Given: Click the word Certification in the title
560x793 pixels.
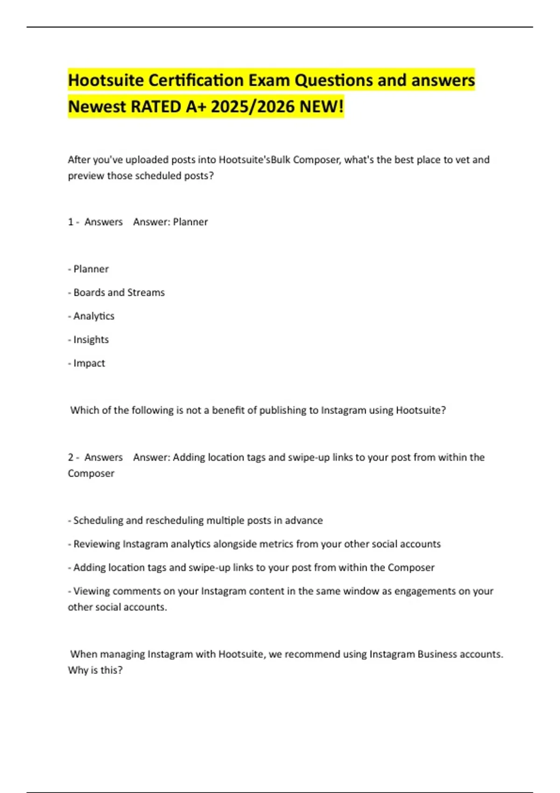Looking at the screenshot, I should [x=196, y=80].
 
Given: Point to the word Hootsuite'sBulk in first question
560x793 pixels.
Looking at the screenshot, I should [x=255, y=160].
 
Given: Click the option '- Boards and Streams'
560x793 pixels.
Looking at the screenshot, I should [x=117, y=292].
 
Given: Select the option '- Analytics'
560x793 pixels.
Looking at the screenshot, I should [x=91, y=316].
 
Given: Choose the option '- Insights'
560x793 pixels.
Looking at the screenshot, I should [x=89, y=340].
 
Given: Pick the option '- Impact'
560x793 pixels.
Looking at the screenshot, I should [x=87, y=363].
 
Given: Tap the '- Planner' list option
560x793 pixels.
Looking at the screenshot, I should [x=89, y=269].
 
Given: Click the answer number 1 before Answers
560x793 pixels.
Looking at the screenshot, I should [x=70, y=222].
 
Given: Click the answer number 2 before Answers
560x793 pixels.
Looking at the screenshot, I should [x=70, y=457].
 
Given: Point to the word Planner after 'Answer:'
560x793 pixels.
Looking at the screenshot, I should [x=190, y=222].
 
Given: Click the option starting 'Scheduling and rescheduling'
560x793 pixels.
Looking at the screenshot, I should [x=196, y=521].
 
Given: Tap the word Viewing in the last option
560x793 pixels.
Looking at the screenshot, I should [x=91, y=591].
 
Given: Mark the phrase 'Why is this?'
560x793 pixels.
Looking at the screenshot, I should [x=95, y=670].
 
